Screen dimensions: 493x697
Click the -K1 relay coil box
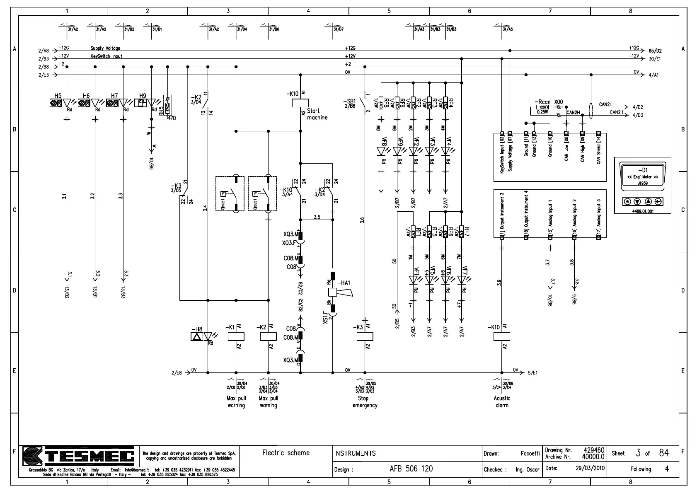click(x=236, y=336)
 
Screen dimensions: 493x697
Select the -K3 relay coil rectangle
click(x=365, y=336)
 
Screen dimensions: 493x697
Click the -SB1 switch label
click(x=349, y=101)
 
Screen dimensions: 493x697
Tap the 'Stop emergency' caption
click(x=365, y=402)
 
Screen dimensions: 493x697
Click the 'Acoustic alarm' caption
click(x=502, y=402)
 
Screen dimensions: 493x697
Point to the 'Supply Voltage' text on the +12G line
click(x=105, y=48)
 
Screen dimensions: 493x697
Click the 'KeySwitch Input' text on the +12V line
click(x=106, y=56)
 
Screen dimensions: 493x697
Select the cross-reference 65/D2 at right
click(x=655, y=51)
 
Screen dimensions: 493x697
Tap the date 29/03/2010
click(x=590, y=469)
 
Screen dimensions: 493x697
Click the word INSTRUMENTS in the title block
click(x=355, y=453)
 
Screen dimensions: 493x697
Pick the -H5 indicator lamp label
click(x=56, y=96)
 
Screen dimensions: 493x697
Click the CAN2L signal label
click(x=605, y=104)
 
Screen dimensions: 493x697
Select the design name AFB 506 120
click(x=411, y=469)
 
